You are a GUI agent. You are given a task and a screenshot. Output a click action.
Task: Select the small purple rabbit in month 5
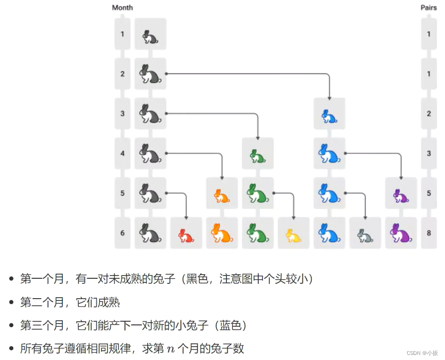[400, 195]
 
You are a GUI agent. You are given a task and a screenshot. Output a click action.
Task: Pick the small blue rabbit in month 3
[329, 115]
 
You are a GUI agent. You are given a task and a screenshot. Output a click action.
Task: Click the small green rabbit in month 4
[257, 155]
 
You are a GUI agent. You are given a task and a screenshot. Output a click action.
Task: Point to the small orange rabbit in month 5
[222, 195]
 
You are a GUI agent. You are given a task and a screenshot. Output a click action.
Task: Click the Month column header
[122, 7]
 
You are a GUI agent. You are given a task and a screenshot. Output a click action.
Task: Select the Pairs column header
[428, 7]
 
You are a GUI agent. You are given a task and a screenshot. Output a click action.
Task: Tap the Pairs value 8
[429, 233]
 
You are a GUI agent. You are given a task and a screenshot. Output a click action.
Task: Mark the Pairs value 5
[429, 193]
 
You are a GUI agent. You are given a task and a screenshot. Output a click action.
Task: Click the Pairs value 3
[429, 153]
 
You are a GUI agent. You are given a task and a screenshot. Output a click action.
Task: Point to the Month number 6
[123, 233]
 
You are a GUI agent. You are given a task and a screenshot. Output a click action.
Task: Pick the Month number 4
[123, 153]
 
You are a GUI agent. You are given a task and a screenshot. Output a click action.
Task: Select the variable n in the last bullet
[170, 349]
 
